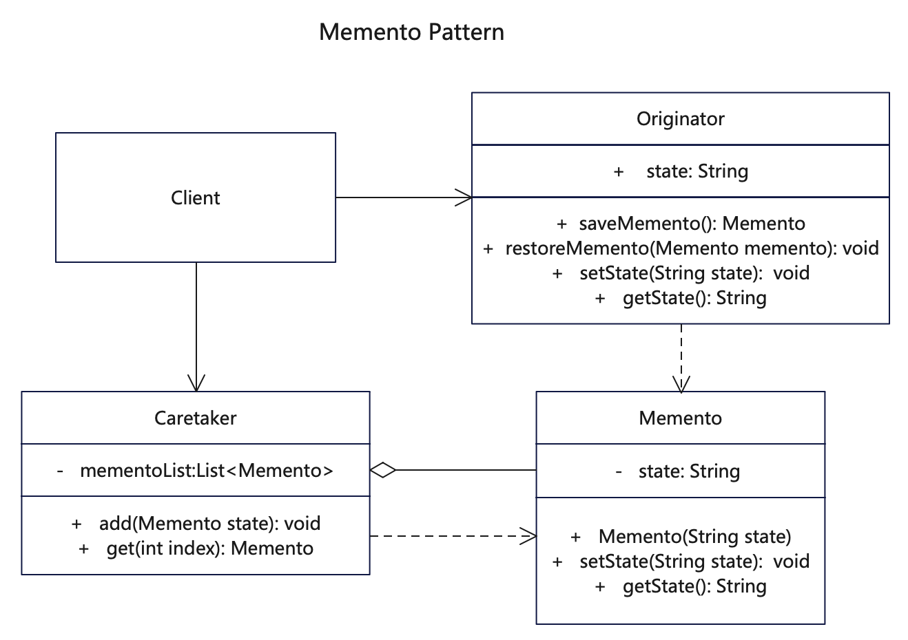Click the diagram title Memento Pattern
(411, 32)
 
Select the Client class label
(196, 198)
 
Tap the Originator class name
(680, 119)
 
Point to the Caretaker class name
(196, 418)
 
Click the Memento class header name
(680, 418)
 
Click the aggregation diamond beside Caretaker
(383, 470)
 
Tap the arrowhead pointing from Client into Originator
(464, 198)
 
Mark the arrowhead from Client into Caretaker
(196, 383)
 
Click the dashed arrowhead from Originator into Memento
(681, 384)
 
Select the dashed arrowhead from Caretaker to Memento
(528, 536)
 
